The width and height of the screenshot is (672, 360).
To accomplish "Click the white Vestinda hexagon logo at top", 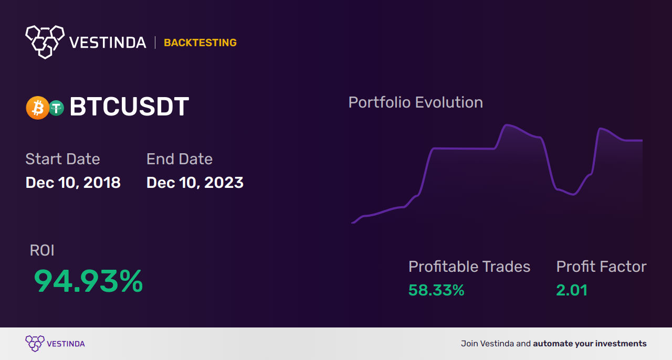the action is pos(45,42).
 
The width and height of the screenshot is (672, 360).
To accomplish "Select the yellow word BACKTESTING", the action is pos(200,43).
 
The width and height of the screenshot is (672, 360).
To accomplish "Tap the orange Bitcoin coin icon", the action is pos(37,108).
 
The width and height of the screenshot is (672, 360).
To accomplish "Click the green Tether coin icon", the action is pos(56,108).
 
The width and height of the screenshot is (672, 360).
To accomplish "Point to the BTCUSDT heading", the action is pos(129,107).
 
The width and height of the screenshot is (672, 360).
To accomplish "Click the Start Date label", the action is pos(62,158).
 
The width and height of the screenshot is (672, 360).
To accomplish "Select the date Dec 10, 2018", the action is pos(73,183).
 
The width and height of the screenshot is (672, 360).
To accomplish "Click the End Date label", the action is pos(180,158).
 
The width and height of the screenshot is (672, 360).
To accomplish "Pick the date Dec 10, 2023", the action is pos(195,183).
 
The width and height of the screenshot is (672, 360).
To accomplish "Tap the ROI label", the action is pos(42,250).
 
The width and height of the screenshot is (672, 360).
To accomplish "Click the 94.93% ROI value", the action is pos(88,281).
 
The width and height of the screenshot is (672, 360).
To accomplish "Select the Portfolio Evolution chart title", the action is pos(415,102).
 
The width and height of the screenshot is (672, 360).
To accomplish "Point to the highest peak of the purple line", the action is pos(507,124).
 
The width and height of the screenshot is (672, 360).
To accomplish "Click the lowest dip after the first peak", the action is pos(573,194).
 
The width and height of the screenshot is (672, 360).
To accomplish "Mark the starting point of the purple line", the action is pos(352,223).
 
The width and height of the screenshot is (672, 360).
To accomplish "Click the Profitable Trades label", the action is pos(469,267).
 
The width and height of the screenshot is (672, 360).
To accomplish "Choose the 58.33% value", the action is pos(436,290).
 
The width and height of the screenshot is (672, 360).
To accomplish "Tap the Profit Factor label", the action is pos(601,267).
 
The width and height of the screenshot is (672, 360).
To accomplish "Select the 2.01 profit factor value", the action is pos(572,290).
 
